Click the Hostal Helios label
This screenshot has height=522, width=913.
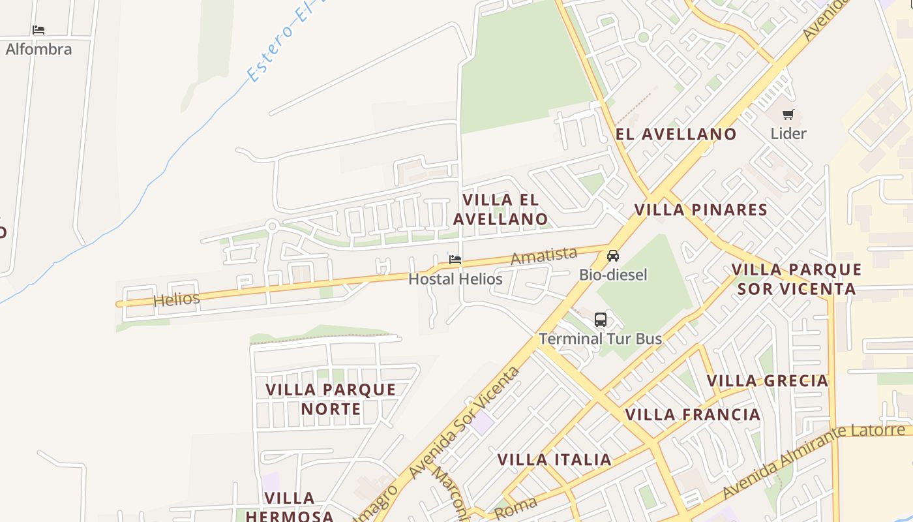455,279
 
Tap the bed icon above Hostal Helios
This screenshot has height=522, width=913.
455,260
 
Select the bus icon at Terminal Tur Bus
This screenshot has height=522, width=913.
601,320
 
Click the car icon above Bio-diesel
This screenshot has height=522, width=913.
613,255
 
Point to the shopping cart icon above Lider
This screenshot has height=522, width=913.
788,115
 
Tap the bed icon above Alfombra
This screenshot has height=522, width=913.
38,30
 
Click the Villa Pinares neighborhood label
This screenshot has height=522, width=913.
701,210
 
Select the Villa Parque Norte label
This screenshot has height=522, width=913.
331,399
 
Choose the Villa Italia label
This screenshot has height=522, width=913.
554,460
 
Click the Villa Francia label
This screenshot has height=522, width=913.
693,415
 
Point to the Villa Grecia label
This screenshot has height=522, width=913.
768,380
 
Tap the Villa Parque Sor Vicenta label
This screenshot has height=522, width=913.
796,279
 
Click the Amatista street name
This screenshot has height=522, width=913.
544,256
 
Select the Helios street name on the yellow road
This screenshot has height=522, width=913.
176,299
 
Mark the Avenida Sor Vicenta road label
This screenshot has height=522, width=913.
464,423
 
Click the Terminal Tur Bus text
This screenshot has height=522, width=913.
600,339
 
